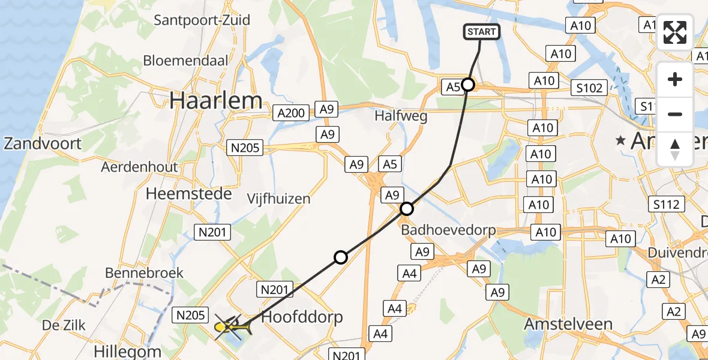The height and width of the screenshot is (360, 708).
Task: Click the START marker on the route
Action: point(481,32)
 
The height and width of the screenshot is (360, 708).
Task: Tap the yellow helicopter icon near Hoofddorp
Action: point(230,327)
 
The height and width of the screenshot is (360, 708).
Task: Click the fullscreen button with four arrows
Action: point(675,32)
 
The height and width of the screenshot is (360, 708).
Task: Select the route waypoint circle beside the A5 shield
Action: point(468,85)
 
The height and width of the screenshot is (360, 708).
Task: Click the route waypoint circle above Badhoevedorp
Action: point(407,209)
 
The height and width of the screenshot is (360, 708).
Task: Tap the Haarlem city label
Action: point(215,100)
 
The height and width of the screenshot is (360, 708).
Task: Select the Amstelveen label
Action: point(568,324)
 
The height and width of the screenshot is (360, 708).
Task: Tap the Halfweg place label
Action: point(401,116)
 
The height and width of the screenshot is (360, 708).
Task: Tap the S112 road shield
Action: point(667,204)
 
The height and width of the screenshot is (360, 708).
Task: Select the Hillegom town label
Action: point(128,351)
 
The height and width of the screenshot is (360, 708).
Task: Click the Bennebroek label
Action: point(144,273)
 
